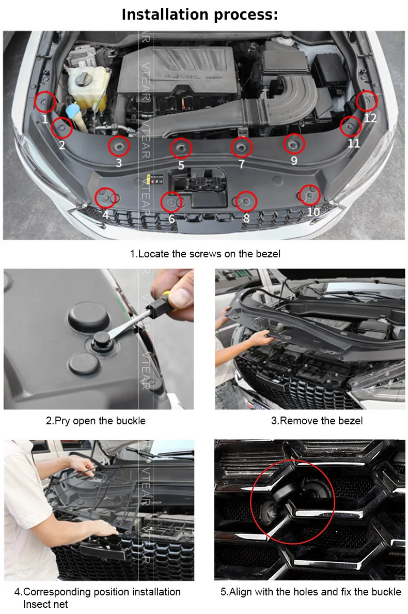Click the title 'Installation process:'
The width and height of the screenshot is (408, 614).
tap(200, 14)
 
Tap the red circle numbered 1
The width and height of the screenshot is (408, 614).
tap(35, 101)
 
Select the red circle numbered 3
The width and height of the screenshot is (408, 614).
tap(109, 146)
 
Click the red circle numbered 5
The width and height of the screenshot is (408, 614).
tap(171, 148)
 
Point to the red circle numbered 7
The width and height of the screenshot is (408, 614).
tap(231, 147)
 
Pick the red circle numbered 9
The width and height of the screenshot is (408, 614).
tap(284, 144)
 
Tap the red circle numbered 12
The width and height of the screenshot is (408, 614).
tap(356, 101)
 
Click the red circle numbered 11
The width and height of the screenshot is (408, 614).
tap(341, 127)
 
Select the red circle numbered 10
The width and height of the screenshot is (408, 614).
tap(299, 195)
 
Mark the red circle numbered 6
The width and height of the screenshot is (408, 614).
tap(161, 202)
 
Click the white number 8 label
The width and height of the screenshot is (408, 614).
tap(246, 218)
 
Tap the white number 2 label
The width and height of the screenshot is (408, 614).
tap(62, 145)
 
